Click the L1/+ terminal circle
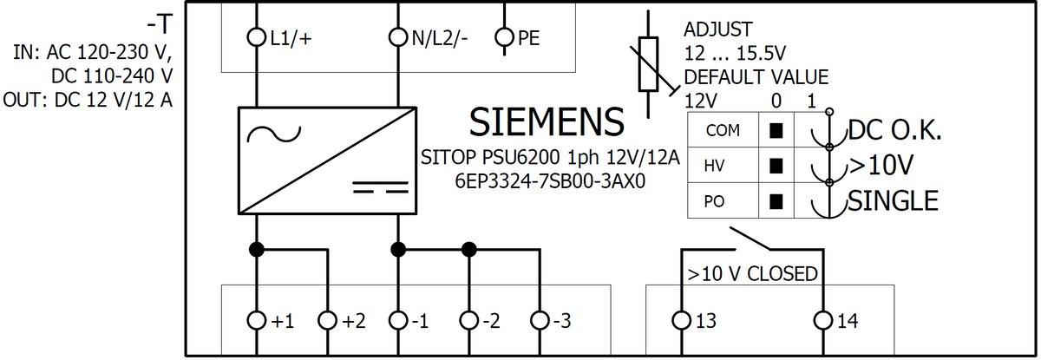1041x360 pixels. [257, 38]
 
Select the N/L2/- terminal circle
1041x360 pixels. [397, 38]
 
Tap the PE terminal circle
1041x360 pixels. [504, 38]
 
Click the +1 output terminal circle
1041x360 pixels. [257, 321]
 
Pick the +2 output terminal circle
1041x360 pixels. [327, 321]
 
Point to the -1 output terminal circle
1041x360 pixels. [397, 321]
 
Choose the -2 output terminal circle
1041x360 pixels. [469, 321]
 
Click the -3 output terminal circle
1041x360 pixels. [540, 321]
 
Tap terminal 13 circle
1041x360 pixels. [681, 321]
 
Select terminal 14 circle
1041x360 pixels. [822, 321]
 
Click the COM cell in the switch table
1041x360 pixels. [722, 131]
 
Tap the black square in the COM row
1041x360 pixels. [776, 131]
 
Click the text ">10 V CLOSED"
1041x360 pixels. [752, 274]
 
